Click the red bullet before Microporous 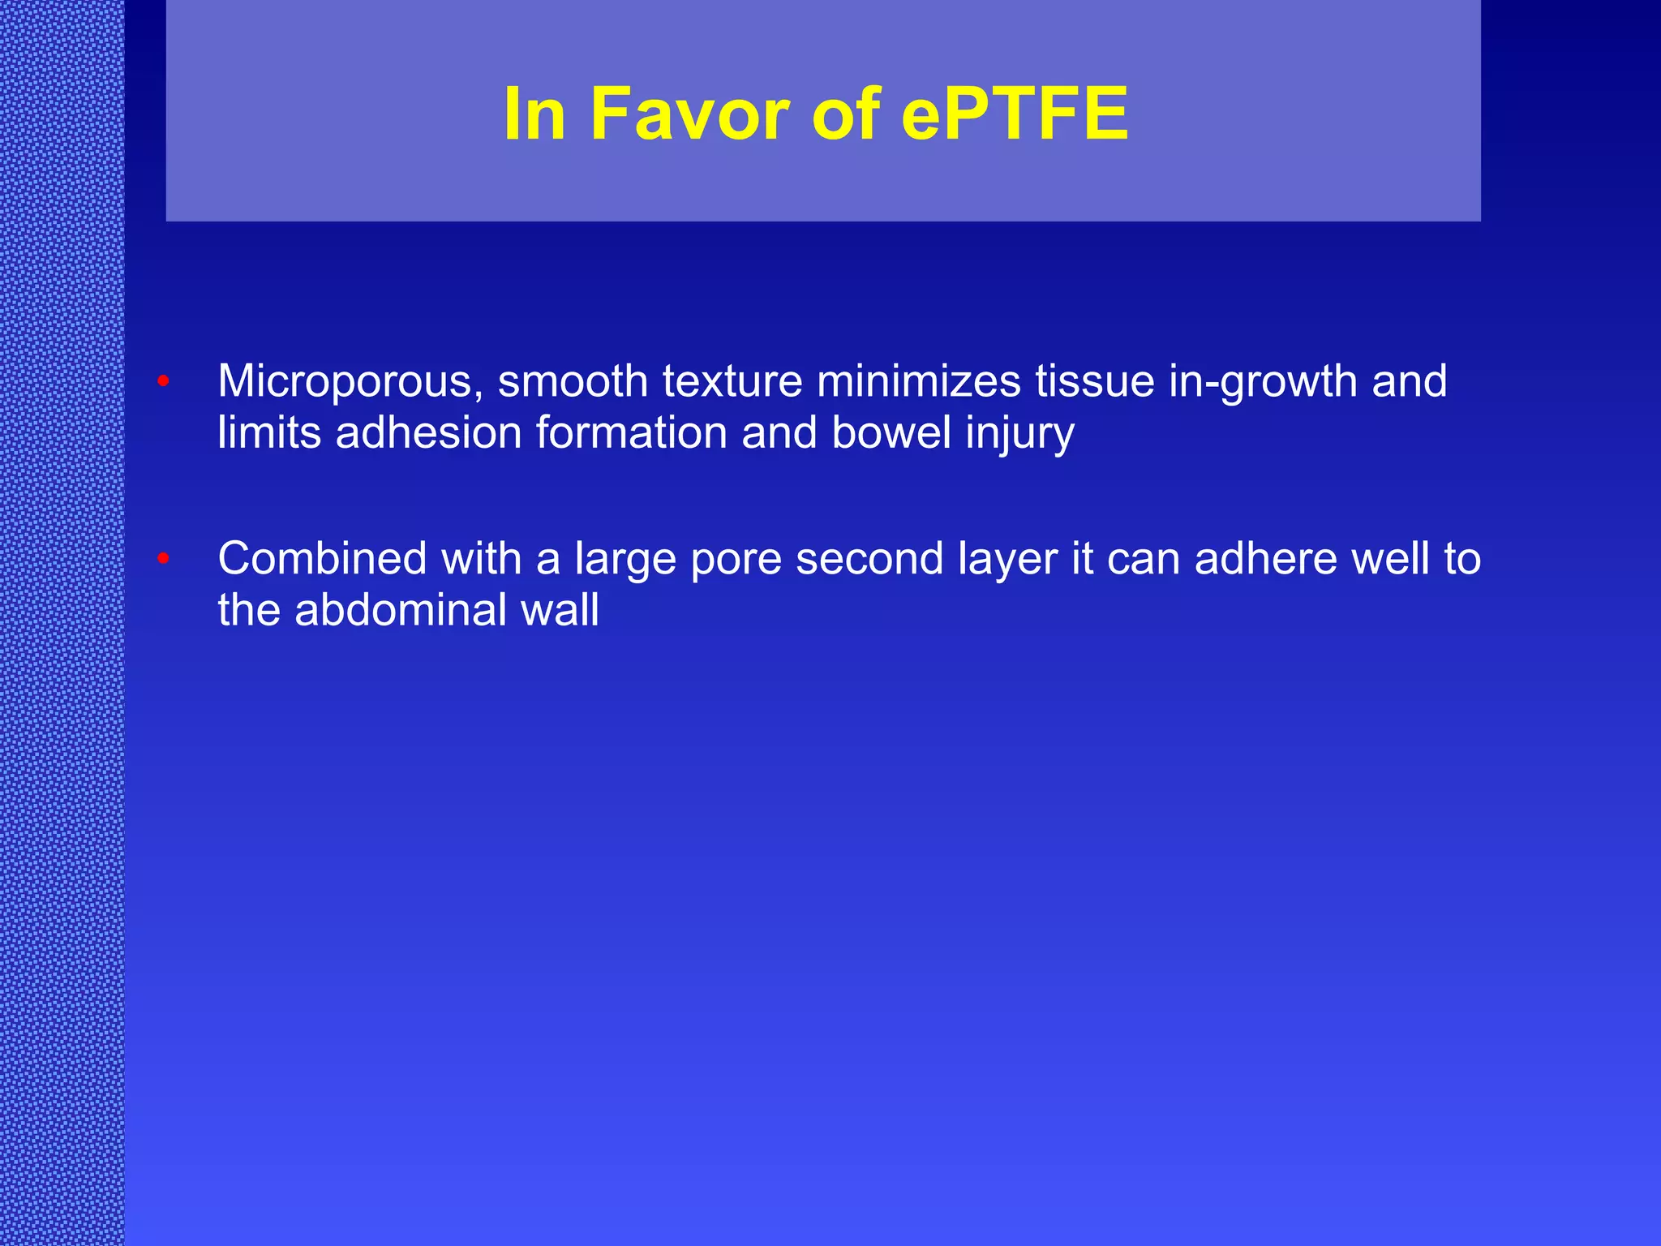(163, 380)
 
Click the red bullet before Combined (163, 558)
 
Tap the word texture (732, 381)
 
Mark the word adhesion (429, 432)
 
